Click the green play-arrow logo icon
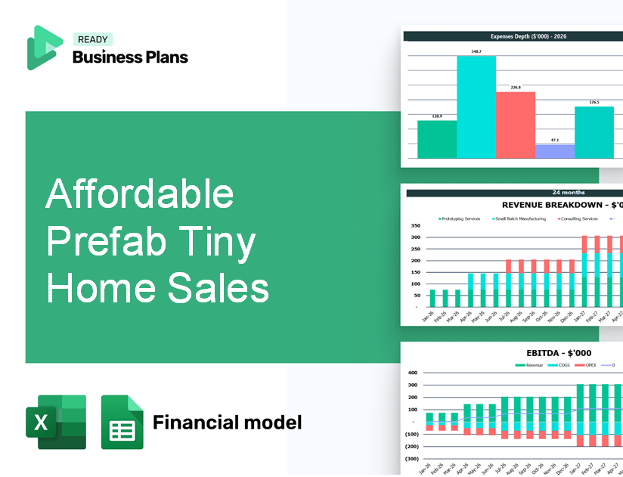click(44, 47)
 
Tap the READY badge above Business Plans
click(92, 40)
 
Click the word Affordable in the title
click(140, 195)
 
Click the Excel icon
click(56, 422)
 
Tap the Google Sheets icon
click(122, 422)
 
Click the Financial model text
click(227, 422)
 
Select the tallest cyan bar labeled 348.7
click(476, 107)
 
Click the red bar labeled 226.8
click(516, 125)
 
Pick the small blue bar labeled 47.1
click(555, 151)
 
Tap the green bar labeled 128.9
click(437, 139)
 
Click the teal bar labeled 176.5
click(594, 132)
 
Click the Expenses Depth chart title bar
click(513, 36)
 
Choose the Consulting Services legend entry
click(578, 218)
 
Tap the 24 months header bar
click(514, 193)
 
